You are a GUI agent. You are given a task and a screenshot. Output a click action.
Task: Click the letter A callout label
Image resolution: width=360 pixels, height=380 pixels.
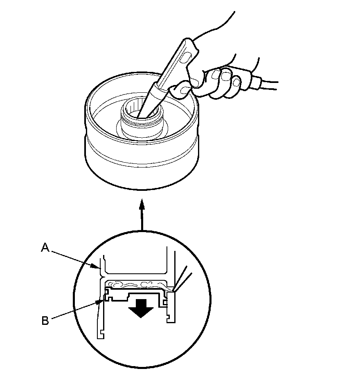click(x=45, y=247)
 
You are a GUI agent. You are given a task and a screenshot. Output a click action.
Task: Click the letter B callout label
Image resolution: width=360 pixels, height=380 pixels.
click(x=45, y=320)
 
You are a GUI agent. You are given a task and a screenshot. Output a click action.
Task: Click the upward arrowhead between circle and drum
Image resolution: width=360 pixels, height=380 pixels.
click(x=142, y=203)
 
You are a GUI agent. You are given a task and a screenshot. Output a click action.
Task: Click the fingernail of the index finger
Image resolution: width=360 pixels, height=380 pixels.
click(x=216, y=74)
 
